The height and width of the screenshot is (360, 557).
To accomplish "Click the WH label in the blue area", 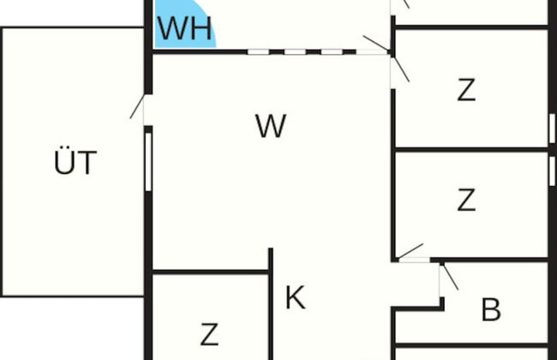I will [184, 29].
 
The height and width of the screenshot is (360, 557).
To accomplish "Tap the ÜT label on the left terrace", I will [75, 162].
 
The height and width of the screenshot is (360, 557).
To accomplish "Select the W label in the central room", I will [270, 127].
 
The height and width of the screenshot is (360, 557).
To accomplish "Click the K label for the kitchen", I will [295, 298].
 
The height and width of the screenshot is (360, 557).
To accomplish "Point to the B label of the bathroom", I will [490, 309].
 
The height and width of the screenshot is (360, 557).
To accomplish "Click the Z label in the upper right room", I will [466, 89].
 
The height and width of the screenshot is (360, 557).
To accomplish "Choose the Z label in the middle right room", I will [466, 200].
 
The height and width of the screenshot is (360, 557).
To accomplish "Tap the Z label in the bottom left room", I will [209, 333].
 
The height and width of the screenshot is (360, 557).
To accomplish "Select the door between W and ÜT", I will [141, 107].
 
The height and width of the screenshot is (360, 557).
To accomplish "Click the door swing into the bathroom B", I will [448, 276].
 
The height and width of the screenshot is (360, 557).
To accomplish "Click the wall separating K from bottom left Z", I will [271, 304].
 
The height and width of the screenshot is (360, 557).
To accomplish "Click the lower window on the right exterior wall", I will [551, 169].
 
